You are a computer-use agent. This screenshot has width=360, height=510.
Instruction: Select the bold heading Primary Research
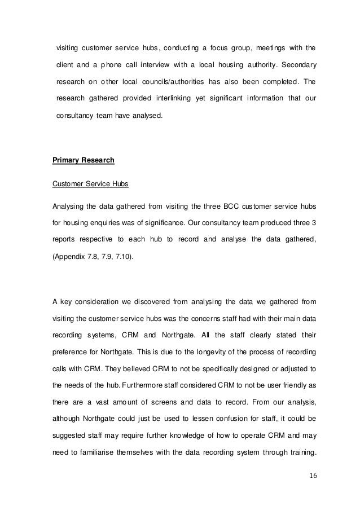84,160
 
